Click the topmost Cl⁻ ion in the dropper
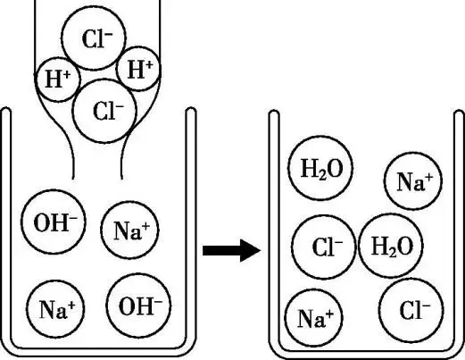pyautogui.click(x=94, y=38)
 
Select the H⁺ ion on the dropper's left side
pyautogui.click(x=58, y=80)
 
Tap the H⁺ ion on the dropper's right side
pyautogui.click(x=138, y=69)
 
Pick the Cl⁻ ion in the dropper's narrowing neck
pyautogui.click(x=104, y=111)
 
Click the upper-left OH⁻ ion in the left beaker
pyautogui.click(x=54, y=222)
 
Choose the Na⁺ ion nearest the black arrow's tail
pyautogui.click(x=129, y=230)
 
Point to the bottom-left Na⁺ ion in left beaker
pyautogui.click(x=56, y=309)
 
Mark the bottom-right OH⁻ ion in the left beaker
pyautogui.click(x=139, y=306)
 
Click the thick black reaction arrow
pyautogui.click(x=232, y=250)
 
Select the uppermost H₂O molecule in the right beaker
pyautogui.click(x=320, y=168)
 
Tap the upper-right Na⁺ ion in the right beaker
pyautogui.click(x=413, y=181)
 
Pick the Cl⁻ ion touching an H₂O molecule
pyautogui.click(x=324, y=247)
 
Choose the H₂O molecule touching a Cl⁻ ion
pyautogui.click(x=391, y=246)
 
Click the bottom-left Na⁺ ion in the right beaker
pyautogui.click(x=314, y=318)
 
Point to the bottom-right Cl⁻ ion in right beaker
pyautogui.click(x=411, y=310)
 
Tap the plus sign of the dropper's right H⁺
pyautogui.click(x=149, y=65)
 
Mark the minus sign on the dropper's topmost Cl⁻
pyautogui.click(x=108, y=34)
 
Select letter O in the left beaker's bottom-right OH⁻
pyautogui.click(x=127, y=306)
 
